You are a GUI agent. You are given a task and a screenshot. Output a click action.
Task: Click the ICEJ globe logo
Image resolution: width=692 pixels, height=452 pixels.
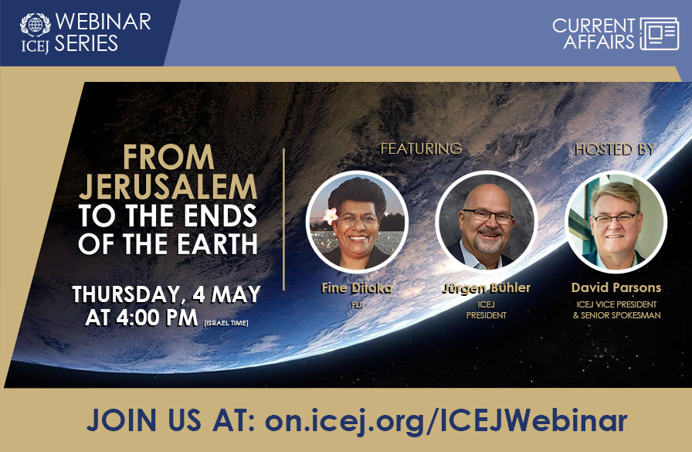pyautogui.click(x=35, y=24)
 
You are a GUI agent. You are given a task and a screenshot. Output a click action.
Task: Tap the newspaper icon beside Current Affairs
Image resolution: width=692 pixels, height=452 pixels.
pyautogui.click(x=659, y=34)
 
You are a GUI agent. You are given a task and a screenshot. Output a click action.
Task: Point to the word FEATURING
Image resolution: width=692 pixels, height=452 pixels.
pyautogui.click(x=421, y=148)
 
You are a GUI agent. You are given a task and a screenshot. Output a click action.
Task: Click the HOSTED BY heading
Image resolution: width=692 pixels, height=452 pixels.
pyautogui.click(x=614, y=149)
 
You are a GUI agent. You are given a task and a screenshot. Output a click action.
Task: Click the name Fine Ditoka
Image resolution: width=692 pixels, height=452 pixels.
pyautogui.click(x=357, y=288)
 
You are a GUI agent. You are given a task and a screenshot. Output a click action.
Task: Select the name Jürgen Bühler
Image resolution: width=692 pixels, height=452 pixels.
pyautogui.click(x=486, y=289)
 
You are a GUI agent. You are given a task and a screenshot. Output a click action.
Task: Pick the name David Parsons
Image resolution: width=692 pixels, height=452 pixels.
pyautogui.click(x=616, y=287)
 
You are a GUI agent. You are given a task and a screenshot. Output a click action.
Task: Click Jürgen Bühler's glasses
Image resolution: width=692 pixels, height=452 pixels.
pyautogui.click(x=488, y=216)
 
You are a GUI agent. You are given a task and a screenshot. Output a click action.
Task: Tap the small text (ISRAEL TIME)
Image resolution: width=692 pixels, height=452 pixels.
pyautogui.click(x=226, y=322)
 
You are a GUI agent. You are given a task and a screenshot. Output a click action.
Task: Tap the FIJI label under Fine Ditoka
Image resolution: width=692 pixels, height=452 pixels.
pyautogui.click(x=357, y=304)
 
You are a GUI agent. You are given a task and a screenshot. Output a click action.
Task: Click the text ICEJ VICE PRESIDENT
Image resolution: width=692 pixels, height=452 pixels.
pyautogui.click(x=616, y=304)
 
